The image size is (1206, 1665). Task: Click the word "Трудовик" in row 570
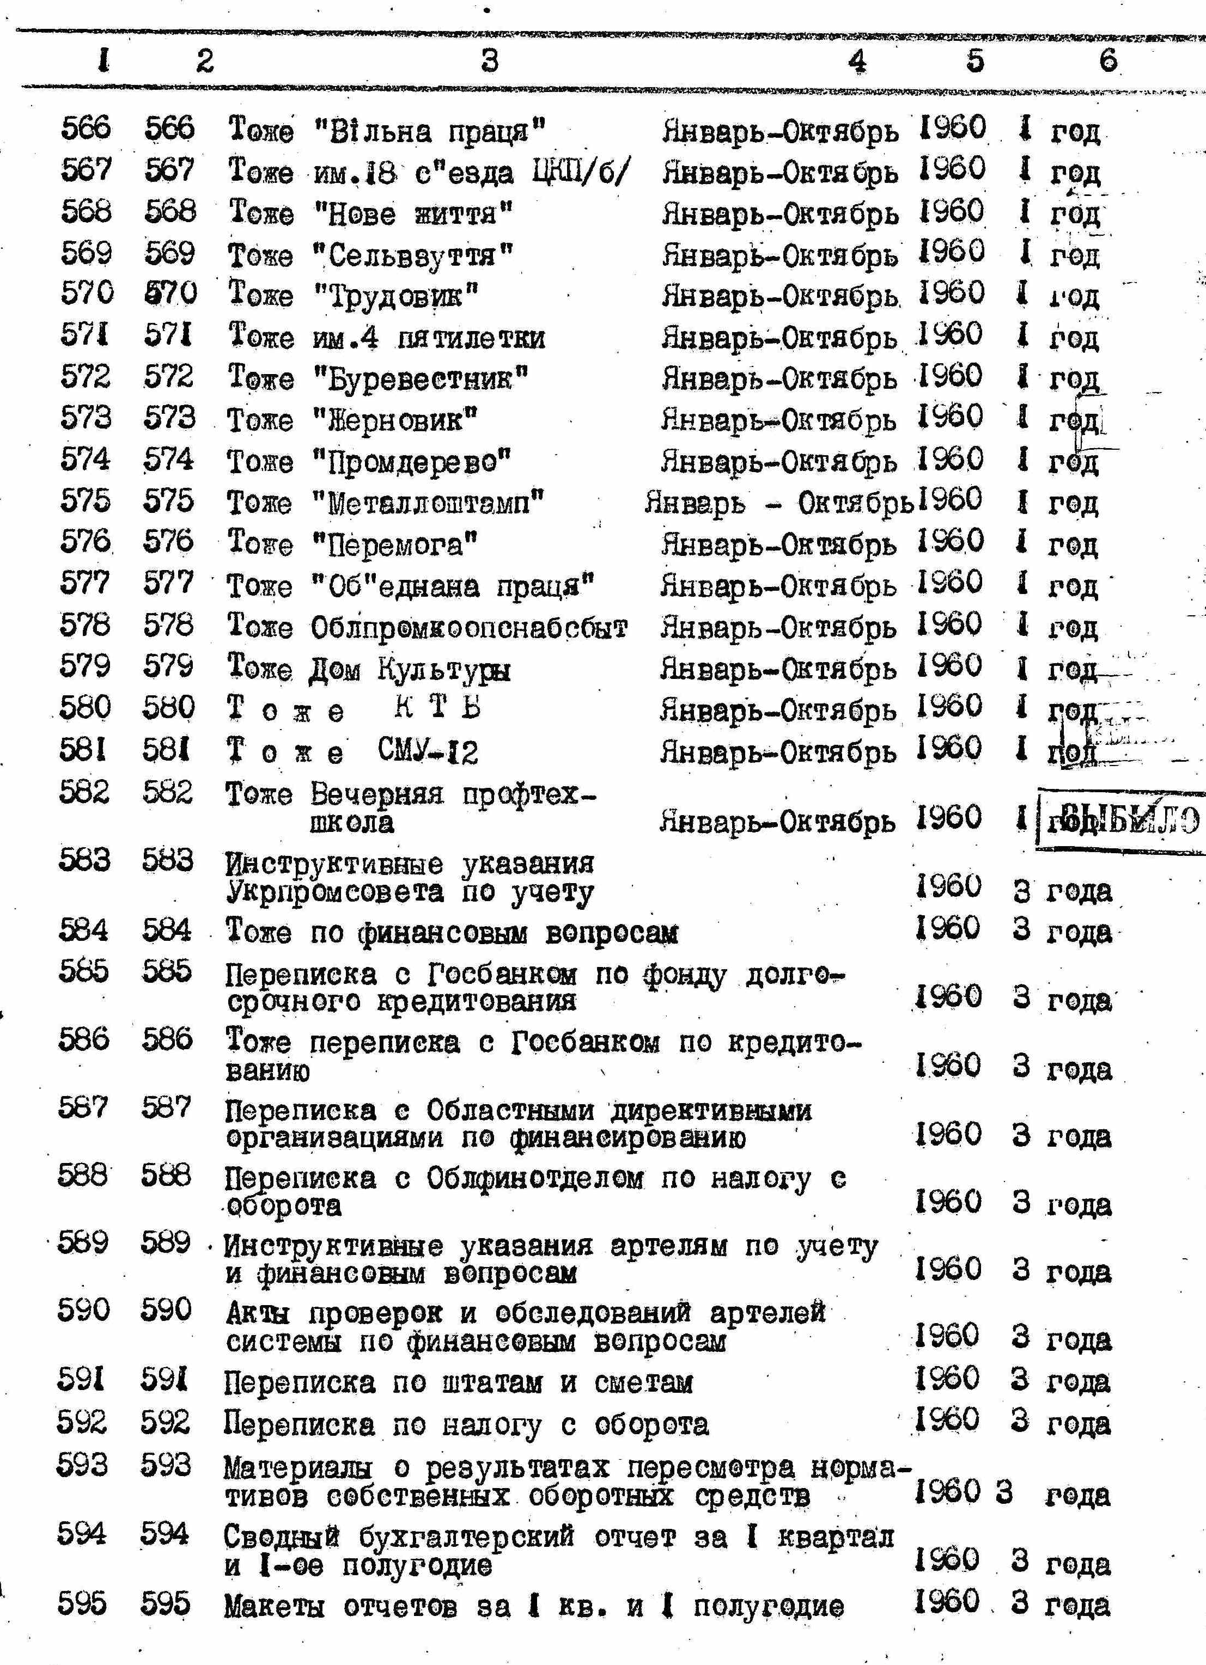coord(396,296)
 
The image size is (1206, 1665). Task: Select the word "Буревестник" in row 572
coord(421,379)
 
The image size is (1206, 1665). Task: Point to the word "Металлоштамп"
coord(428,504)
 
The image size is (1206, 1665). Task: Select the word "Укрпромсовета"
coord(334,892)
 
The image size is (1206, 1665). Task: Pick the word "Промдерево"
coord(411,462)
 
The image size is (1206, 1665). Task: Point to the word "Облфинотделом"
coord(535,1179)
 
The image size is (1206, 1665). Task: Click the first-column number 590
coord(83,1309)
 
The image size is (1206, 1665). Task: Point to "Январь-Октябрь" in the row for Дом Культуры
coord(778,670)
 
